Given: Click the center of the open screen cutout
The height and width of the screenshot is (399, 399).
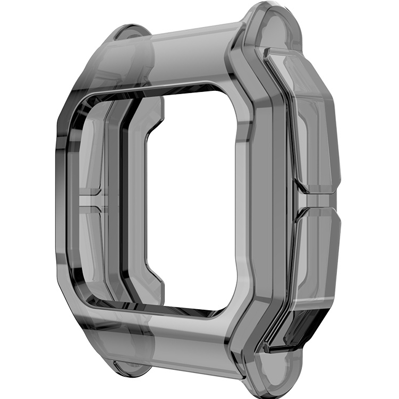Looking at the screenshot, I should pos(191,202).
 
